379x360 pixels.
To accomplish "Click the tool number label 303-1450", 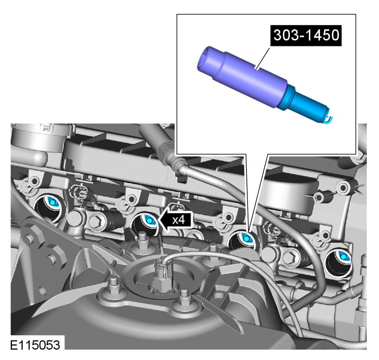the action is click(306, 35).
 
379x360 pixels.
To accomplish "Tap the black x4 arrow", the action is click(176, 220).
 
